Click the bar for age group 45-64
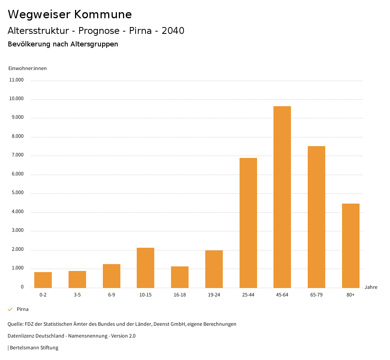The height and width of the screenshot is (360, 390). tap(282, 197)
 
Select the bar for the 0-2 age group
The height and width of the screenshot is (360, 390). tap(43, 280)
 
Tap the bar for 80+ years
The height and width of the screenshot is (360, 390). tap(351, 245)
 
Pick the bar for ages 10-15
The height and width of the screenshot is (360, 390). tap(145, 268)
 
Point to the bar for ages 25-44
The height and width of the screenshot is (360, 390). tap(248, 223)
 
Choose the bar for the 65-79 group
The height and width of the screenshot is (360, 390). tap(316, 217)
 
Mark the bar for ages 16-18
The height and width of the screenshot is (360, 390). tap(180, 277)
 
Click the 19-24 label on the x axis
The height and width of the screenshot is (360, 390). tap(214, 295)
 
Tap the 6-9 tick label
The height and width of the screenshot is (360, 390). tap(112, 295)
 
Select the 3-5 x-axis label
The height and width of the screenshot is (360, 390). tap(77, 295)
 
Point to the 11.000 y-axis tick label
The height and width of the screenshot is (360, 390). tap(16, 80)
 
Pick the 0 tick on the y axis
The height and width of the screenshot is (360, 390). tap(22, 287)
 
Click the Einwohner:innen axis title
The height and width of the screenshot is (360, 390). tap(27, 68)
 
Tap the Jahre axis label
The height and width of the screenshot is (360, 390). tap(371, 287)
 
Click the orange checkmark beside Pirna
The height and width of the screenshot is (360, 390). tap(10, 309)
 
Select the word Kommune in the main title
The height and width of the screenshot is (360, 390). tap(103, 14)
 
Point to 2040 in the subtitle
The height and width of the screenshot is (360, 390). tap(173, 31)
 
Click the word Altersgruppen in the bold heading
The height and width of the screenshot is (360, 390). tap(94, 44)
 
